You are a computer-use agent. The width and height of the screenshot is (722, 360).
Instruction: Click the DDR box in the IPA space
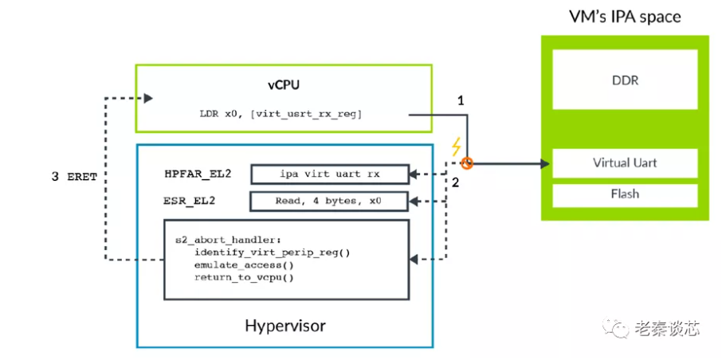(x=624, y=80)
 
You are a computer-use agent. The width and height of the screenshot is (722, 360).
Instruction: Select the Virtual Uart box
(x=624, y=163)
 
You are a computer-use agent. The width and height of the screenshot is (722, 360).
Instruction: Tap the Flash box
(x=624, y=194)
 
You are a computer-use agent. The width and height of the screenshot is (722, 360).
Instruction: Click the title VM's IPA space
(x=625, y=17)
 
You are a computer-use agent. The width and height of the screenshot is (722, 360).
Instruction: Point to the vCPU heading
(x=283, y=84)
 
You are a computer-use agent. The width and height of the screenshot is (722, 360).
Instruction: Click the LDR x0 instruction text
(x=280, y=115)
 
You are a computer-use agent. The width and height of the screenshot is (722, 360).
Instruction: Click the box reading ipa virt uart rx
(x=328, y=174)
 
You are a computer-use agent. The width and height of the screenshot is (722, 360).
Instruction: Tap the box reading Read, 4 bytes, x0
(x=328, y=201)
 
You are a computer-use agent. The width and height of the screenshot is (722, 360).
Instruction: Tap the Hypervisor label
(x=284, y=326)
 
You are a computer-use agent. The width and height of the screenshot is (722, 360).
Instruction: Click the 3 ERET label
(x=74, y=177)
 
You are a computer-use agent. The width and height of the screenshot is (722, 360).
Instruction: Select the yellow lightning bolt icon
(x=456, y=147)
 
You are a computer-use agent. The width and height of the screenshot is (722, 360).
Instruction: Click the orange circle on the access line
(x=467, y=164)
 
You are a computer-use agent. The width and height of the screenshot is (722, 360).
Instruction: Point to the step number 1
(x=460, y=101)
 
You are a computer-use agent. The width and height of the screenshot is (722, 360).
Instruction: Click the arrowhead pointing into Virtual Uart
(x=545, y=164)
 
